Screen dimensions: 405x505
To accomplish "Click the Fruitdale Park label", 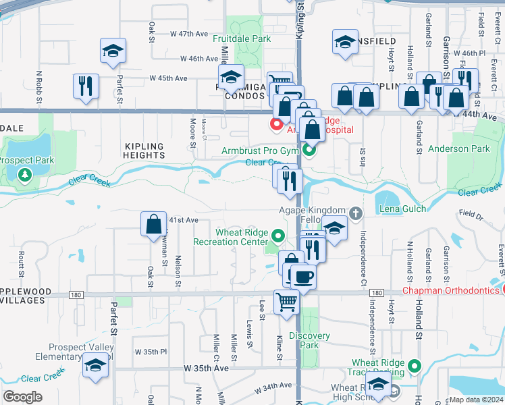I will point(242,39).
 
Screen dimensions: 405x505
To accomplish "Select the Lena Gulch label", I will point(402,209).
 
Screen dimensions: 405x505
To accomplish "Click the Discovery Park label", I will point(309,340).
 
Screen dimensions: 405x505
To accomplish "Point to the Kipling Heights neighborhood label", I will point(144,151).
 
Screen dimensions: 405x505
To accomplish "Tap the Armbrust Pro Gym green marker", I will point(309,150).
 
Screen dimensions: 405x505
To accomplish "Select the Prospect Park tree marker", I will point(25,175).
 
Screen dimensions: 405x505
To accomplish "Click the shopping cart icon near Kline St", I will point(286,301).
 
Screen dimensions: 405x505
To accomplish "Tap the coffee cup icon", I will point(303,276).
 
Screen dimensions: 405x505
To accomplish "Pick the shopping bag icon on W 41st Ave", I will point(153,223).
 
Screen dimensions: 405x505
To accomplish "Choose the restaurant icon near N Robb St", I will point(86,86).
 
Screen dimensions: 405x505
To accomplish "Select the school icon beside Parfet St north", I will point(113,51).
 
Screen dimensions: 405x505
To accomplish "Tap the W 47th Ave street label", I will point(188,33).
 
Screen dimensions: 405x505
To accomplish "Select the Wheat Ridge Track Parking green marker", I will point(415,367).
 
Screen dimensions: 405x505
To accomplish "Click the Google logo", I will point(23,397).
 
